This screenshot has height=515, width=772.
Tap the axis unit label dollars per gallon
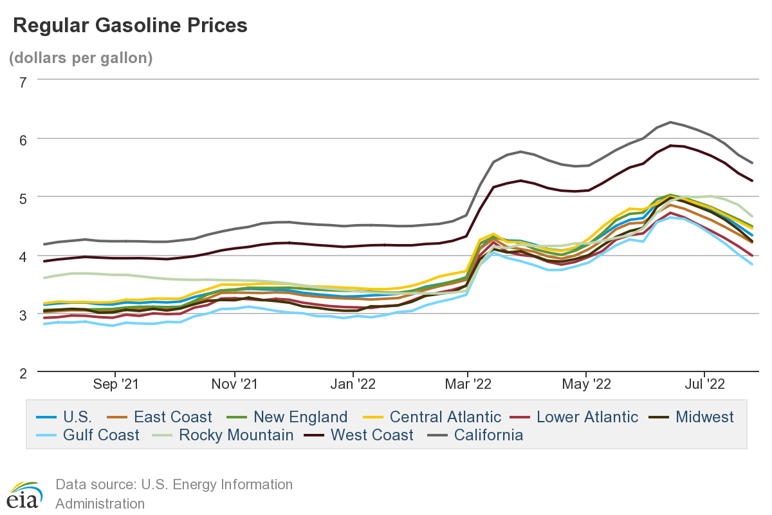(x=80, y=58)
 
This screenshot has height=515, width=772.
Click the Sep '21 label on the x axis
(x=116, y=384)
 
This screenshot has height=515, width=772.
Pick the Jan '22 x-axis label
(x=353, y=384)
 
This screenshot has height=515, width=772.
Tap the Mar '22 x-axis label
(x=468, y=384)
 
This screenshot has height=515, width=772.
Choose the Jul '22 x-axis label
(x=705, y=384)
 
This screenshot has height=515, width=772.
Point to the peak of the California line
(x=670, y=122)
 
